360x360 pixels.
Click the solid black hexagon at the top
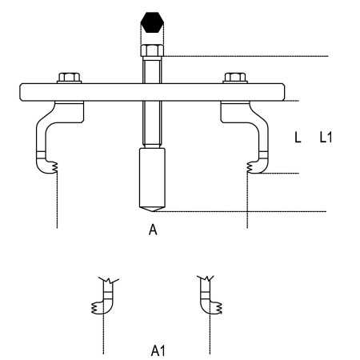tap(152, 22)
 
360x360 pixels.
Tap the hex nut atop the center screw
tap(152, 50)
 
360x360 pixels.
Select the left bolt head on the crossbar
tap(69, 78)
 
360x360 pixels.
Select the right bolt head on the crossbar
tap(235, 78)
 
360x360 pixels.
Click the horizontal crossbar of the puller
tap(152, 92)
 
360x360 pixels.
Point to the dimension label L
tap(298, 138)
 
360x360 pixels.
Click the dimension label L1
tap(326, 138)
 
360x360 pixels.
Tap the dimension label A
tap(153, 230)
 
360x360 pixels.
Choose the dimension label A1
tap(158, 350)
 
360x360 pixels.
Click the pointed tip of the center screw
tap(152, 211)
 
